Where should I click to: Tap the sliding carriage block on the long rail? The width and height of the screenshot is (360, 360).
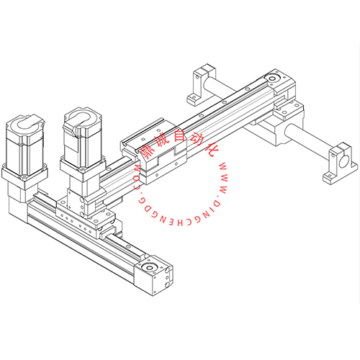point(153,150)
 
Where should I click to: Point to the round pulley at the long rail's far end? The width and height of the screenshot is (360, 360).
point(272,78)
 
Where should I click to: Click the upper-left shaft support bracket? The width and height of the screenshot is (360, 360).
point(201,84)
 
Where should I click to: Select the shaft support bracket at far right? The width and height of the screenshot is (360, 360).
point(341,163)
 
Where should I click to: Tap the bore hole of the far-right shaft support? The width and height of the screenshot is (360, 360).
point(344,161)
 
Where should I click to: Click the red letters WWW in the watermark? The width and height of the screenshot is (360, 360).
point(224,179)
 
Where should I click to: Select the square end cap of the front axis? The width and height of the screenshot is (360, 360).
point(153,275)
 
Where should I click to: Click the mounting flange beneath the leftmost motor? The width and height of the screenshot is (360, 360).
point(24,176)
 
